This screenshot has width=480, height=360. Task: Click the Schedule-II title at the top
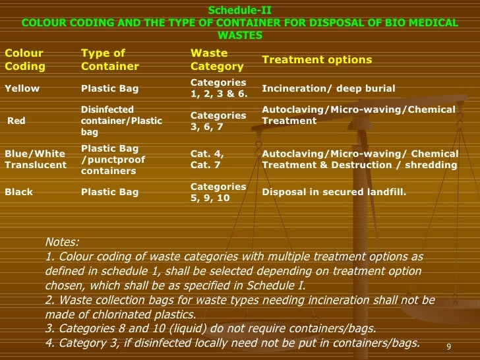click(x=239, y=11)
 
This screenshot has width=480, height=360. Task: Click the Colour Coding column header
click(x=25, y=59)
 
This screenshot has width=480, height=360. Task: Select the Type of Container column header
click(x=109, y=59)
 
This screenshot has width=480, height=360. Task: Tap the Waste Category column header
click(x=217, y=59)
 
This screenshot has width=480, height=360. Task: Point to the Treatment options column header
click(x=316, y=59)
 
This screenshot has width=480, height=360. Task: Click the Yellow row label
click(x=22, y=88)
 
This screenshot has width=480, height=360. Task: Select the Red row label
click(x=16, y=121)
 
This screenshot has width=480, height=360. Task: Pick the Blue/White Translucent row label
click(x=36, y=159)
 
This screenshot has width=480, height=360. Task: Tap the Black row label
click(x=18, y=193)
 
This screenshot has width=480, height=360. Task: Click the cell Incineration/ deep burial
click(x=328, y=88)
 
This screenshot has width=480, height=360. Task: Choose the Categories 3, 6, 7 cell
click(x=218, y=121)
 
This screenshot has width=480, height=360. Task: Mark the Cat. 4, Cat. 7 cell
click(x=207, y=159)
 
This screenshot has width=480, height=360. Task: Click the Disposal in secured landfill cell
click(x=334, y=193)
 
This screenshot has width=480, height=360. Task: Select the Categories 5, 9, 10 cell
click(x=218, y=193)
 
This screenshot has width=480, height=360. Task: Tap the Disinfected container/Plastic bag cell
click(x=121, y=121)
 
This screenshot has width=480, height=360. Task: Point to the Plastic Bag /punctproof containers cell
click(x=113, y=160)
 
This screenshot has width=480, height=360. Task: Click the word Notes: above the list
click(x=62, y=241)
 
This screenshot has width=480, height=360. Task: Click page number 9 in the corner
click(x=448, y=347)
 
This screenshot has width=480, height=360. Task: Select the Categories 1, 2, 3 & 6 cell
click(x=219, y=88)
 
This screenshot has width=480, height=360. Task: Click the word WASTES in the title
click(x=239, y=35)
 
